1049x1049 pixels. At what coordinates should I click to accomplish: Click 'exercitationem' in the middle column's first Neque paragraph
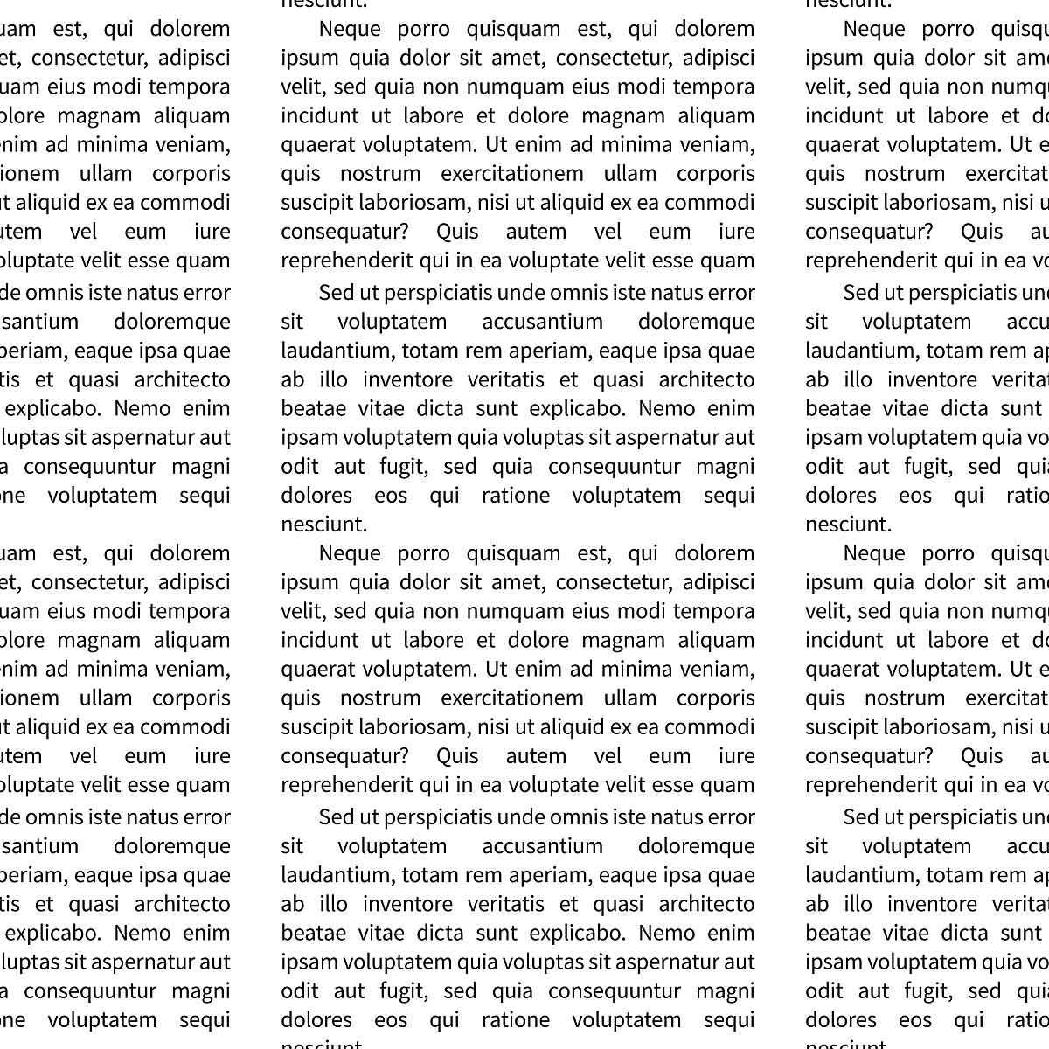point(511,174)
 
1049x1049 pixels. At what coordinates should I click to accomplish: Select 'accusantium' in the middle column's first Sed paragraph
point(542,322)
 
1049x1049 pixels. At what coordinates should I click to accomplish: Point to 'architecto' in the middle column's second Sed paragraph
point(706,904)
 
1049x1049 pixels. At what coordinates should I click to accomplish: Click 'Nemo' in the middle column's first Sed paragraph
point(667,408)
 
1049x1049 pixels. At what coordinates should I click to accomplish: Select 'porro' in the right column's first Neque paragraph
point(948,29)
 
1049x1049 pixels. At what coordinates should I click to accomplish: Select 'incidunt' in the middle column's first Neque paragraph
point(319,116)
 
